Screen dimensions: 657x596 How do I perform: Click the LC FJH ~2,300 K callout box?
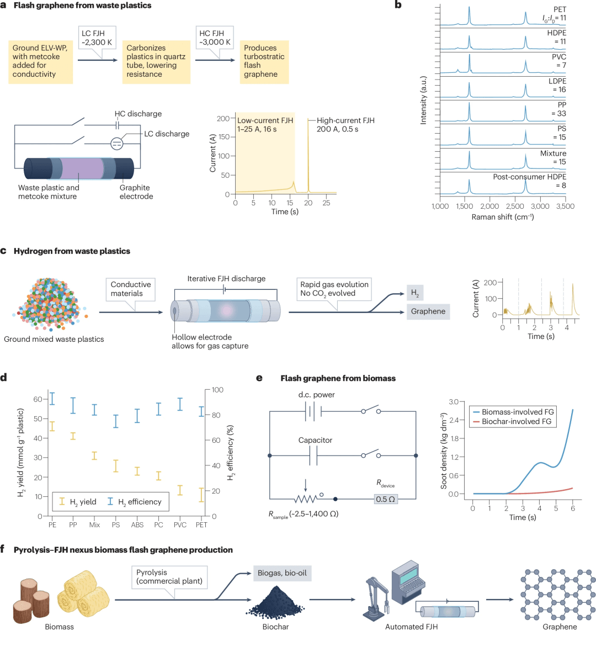click(97, 38)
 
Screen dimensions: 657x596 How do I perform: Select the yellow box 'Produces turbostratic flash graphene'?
click(264, 61)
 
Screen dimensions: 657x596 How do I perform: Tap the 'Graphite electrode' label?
click(136, 192)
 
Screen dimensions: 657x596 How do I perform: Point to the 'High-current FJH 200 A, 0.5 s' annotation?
click(345, 125)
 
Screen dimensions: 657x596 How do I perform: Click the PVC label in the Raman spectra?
click(558, 57)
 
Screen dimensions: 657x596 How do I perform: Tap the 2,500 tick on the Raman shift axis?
click(515, 206)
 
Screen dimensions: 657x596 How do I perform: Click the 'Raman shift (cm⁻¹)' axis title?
click(502, 217)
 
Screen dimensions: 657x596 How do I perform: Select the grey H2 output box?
click(415, 293)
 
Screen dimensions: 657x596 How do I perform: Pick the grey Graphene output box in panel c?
click(428, 311)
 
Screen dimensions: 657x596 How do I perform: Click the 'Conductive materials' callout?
click(130, 289)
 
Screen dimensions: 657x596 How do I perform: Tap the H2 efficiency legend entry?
click(135, 502)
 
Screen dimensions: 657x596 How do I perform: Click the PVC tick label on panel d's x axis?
click(180, 525)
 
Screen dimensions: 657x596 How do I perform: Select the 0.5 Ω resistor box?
click(385, 499)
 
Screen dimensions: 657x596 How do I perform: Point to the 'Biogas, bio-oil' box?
click(282, 573)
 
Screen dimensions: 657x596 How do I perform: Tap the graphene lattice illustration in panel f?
click(558, 594)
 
